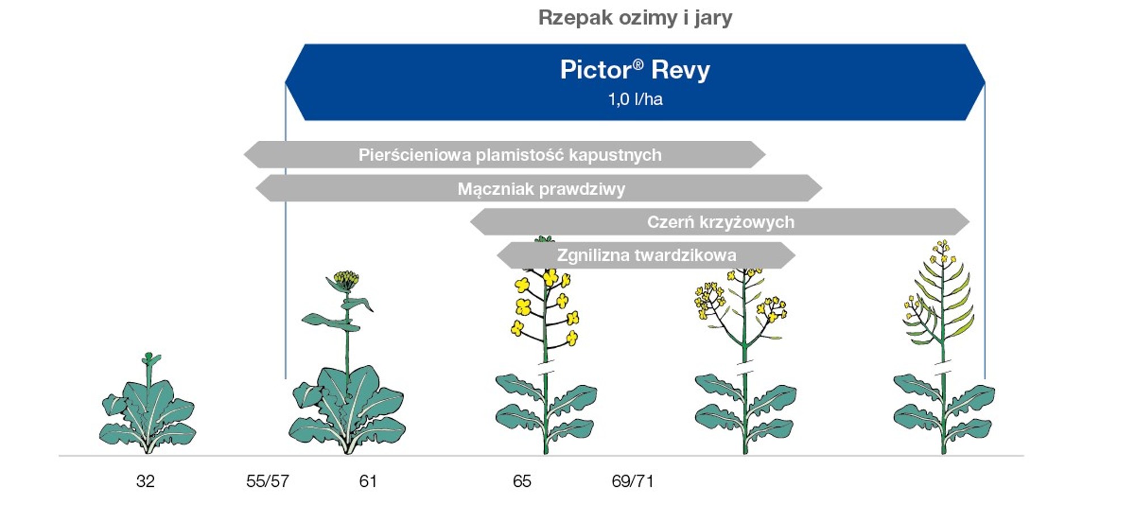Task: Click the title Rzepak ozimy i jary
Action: (635, 18)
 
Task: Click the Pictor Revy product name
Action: (635, 70)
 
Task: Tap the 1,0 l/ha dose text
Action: (635, 99)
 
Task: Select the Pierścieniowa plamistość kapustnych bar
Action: (505, 154)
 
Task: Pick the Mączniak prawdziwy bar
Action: (539, 188)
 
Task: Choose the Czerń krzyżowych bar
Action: (720, 221)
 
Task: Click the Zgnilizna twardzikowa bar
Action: (646, 255)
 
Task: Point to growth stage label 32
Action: (145, 481)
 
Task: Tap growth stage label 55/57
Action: (267, 481)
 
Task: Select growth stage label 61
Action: (368, 481)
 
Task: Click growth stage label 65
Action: (522, 481)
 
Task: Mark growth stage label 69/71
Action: (632, 481)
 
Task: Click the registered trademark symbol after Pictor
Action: (638, 64)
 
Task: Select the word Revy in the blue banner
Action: (680, 70)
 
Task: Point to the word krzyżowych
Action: (746, 222)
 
